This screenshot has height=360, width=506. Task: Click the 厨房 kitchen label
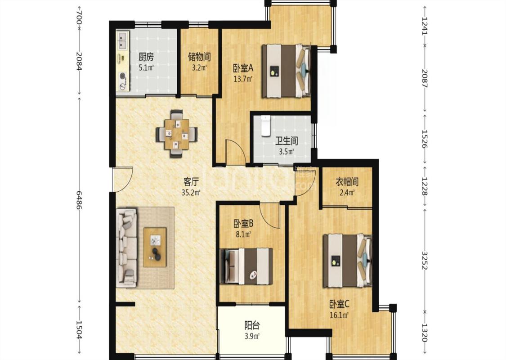click(146, 57)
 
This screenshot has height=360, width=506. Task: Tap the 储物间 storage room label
click(199, 57)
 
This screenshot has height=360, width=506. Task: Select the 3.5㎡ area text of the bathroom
click(286, 152)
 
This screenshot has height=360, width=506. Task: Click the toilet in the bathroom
click(265, 125)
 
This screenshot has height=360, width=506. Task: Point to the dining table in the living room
click(176, 134)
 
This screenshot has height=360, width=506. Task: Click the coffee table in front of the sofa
click(155, 247)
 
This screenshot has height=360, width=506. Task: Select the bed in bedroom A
click(286, 71)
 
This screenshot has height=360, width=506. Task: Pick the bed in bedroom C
click(348, 261)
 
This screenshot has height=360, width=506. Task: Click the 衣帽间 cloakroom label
click(347, 182)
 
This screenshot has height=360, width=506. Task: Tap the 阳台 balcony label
click(252, 325)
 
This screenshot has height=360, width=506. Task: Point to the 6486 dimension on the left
click(79, 199)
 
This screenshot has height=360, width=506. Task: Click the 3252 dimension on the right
click(424, 260)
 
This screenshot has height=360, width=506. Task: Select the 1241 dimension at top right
click(424, 25)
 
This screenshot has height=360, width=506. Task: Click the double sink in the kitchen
click(122, 40)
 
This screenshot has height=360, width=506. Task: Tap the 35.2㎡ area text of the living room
click(191, 193)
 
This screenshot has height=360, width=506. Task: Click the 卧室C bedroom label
click(340, 304)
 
